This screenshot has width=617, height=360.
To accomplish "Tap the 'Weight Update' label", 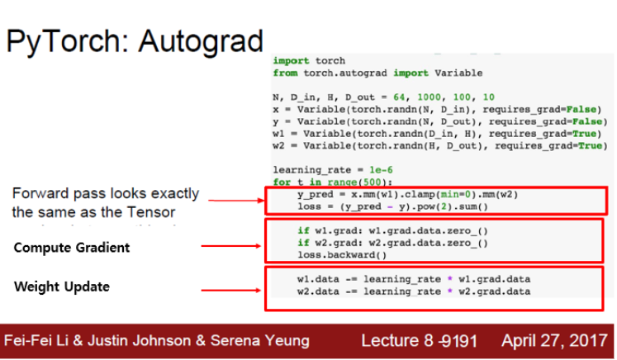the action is point(62,287).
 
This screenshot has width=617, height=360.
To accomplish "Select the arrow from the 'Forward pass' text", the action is point(235,199).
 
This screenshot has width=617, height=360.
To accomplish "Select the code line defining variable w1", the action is point(436,133).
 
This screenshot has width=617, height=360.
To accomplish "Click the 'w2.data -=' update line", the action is point(413,292).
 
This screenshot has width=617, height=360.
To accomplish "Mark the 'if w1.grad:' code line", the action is point(392,231).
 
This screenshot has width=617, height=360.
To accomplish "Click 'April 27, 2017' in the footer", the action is point(555,340).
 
